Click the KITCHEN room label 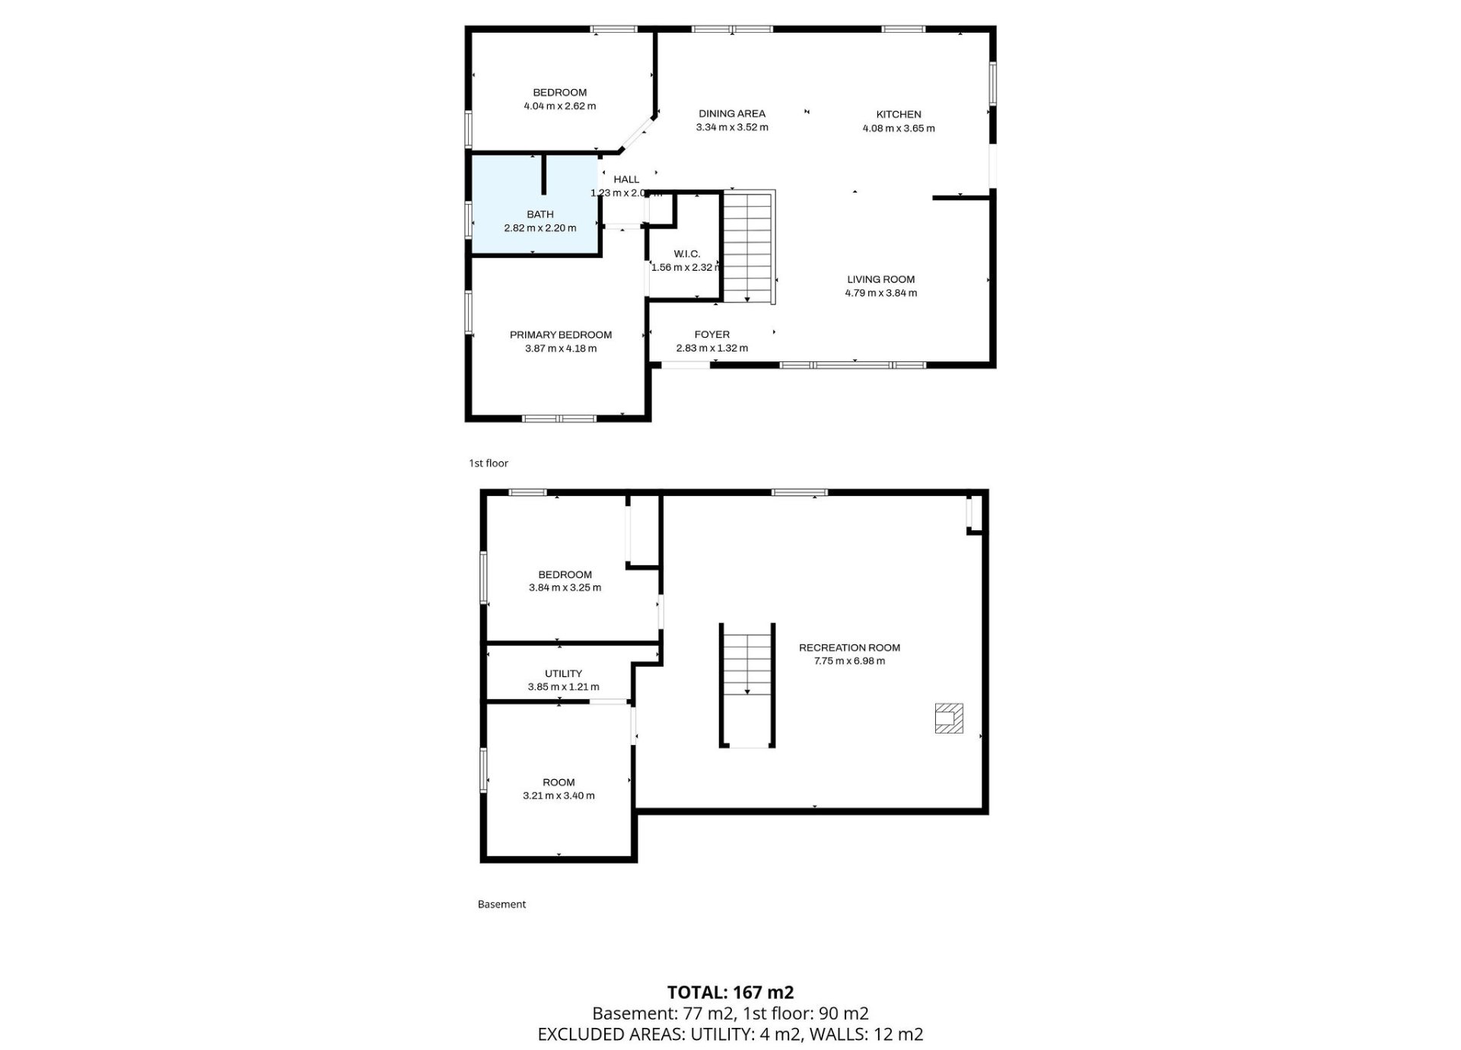899,115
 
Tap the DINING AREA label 732,114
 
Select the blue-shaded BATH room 536,205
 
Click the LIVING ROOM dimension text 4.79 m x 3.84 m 881,293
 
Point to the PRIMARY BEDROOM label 561,335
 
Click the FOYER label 712,335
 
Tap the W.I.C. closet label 687,254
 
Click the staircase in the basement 747,685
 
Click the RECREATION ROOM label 849,648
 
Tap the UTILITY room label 564,674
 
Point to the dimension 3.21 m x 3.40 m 559,796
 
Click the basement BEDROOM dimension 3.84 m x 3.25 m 565,588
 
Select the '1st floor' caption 489,463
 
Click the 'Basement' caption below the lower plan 502,905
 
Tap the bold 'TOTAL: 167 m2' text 730,992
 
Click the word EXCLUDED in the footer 575,1035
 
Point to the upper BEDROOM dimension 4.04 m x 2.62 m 560,107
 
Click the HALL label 626,180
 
